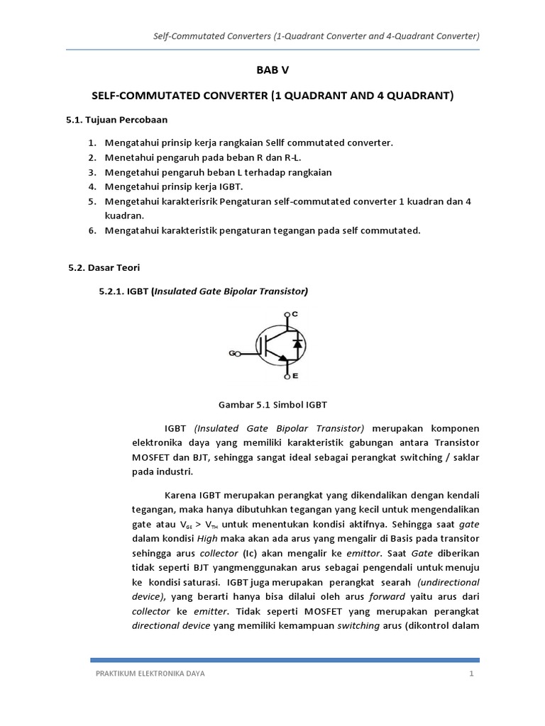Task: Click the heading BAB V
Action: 272,71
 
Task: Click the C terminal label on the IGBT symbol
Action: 295,313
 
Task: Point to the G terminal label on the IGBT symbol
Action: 231,352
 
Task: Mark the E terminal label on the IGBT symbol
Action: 295,376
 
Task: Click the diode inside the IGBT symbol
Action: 298,343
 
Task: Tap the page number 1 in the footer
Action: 470,674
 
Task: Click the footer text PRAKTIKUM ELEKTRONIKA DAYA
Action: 150,674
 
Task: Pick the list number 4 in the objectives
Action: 92,186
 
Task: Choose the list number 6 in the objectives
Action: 92,230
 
